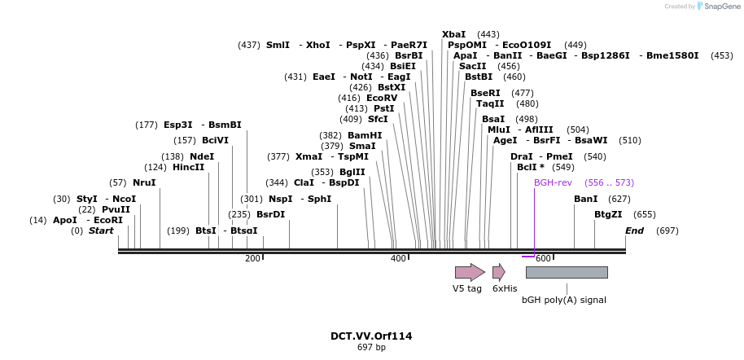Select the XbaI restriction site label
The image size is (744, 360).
coord(453,34)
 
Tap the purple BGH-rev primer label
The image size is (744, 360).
coord(553,182)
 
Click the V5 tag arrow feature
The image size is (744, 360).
coord(469,272)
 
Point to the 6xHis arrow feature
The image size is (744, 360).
coord(498,272)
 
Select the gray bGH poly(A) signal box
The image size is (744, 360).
coord(566,272)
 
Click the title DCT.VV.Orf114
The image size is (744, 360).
coord(371,336)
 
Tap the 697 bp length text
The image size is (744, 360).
coord(371,348)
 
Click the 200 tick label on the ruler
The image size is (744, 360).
coord(252,258)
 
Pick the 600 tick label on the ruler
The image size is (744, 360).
coord(544,258)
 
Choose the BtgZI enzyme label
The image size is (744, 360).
coord(607,214)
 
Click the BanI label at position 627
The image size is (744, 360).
coord(585,199)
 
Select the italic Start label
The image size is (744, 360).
coord(101,230)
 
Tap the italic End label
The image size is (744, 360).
coord(634,230)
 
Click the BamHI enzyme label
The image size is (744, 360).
coord(364,135)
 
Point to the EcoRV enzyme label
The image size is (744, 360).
coord(382,98)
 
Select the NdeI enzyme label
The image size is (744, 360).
coord(202,156)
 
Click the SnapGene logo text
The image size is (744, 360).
coord(722,7)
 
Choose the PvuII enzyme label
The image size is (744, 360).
coord(116,209)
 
